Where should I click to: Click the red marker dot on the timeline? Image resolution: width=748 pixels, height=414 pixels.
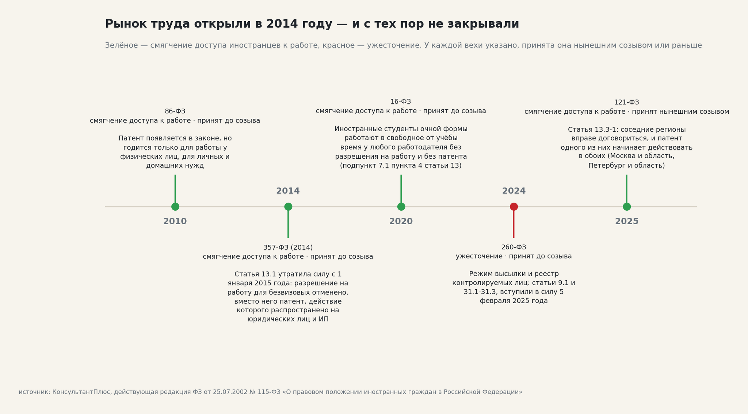pos(514,207)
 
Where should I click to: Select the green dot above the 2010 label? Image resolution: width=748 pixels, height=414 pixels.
pos(175,207)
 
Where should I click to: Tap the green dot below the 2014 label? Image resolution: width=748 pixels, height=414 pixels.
pos(288,207)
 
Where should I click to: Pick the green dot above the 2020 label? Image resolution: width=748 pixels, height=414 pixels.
pos(401,207)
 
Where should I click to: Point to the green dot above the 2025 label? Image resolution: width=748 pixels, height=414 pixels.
pos(627,207)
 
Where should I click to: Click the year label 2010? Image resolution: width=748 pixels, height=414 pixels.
pos(175,222)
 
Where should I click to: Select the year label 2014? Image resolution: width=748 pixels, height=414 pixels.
pos(288,191)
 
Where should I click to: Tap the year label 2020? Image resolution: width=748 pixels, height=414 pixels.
pos(401,222)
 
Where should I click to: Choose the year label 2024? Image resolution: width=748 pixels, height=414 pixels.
pos(514,191)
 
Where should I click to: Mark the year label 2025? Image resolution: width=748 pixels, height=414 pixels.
pos(627,222)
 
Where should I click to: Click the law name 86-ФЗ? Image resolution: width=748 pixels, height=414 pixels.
pos(175,112)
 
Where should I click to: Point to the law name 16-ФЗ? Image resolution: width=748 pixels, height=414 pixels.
pos(401,102)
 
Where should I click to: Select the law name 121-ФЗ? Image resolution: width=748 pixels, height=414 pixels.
pos(627,102)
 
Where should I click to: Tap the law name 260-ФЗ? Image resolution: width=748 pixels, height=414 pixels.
pos(514,247)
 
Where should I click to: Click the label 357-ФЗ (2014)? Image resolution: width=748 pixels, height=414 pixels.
pos(288,248)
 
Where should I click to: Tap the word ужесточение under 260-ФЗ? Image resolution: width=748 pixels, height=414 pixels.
pos(478,256)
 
